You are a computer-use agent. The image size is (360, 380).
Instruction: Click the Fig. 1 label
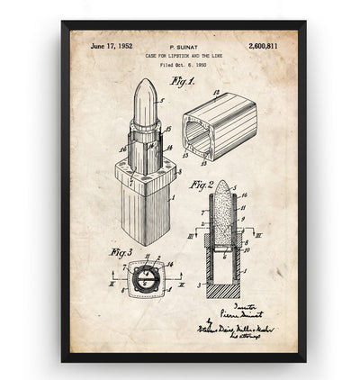183,80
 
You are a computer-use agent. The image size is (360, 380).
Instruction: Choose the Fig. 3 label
121,252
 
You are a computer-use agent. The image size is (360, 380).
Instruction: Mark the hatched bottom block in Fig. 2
223,290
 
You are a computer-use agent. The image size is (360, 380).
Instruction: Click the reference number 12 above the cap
215,92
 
